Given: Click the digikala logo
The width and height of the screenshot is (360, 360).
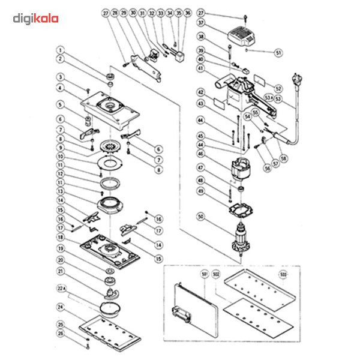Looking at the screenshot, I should pyautogui.click(x=36, y=19).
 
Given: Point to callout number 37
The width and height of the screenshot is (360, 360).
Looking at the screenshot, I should pyautogui.click(x=201, y=22).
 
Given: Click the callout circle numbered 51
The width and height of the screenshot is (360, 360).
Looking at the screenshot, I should pyautogui.click(x=278, y=52).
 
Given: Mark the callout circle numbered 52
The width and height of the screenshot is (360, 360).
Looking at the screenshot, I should pyautogui.click(x=278, y=88).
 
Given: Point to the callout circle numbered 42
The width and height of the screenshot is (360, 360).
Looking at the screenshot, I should pyautogui.click(x=201, y=92).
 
